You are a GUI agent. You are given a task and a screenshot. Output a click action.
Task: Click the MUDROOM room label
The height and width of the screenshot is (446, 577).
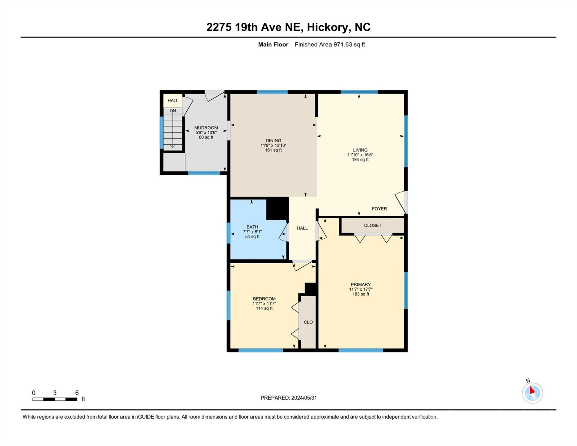click(x=206, y=128)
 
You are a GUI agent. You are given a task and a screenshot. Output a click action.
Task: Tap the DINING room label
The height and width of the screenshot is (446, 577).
click(x=273, y=141)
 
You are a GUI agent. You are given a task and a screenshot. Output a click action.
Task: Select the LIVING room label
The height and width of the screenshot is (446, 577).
click(x=360, y=150)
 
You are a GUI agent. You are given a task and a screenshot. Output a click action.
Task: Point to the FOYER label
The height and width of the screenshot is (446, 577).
click(x=379, y=209)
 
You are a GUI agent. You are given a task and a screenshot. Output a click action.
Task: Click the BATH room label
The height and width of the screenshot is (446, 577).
click(x=252, y=227)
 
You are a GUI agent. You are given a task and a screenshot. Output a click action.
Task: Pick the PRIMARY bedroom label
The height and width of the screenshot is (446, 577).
click(x=360, y=285)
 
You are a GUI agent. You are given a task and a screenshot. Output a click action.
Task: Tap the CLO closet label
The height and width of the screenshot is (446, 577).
click(x=308, y=322)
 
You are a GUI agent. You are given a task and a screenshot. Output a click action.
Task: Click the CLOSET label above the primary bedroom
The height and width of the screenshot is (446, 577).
click(x=373, y=225)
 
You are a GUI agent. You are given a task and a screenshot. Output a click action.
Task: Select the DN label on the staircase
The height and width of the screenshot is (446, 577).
click(x=173, y=111)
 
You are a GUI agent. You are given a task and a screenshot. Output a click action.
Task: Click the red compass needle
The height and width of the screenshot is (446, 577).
click(x=532, y=390)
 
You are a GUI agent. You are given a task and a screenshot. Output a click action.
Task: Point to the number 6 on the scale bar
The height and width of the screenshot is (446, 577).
click(x=77, y=393)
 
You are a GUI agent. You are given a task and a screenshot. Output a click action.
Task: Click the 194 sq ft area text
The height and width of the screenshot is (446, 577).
click(x=360, y=160)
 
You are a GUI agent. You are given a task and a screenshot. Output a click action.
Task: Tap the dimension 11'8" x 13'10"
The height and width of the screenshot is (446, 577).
click(x=273, y=145)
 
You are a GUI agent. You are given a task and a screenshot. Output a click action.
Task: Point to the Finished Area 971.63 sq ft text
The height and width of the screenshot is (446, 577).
click(x=330, y=44)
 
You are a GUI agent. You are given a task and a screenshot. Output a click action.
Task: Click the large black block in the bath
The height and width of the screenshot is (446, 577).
click(x=277, y=208)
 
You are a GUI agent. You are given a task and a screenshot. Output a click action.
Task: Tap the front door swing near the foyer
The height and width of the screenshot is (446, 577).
click(x=401, y=202)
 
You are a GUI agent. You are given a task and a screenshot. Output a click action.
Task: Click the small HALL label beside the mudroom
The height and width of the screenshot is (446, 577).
click(x=173, y=101)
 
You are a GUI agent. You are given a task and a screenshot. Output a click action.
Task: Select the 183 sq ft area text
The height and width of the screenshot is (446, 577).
click(x=360, y=294)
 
